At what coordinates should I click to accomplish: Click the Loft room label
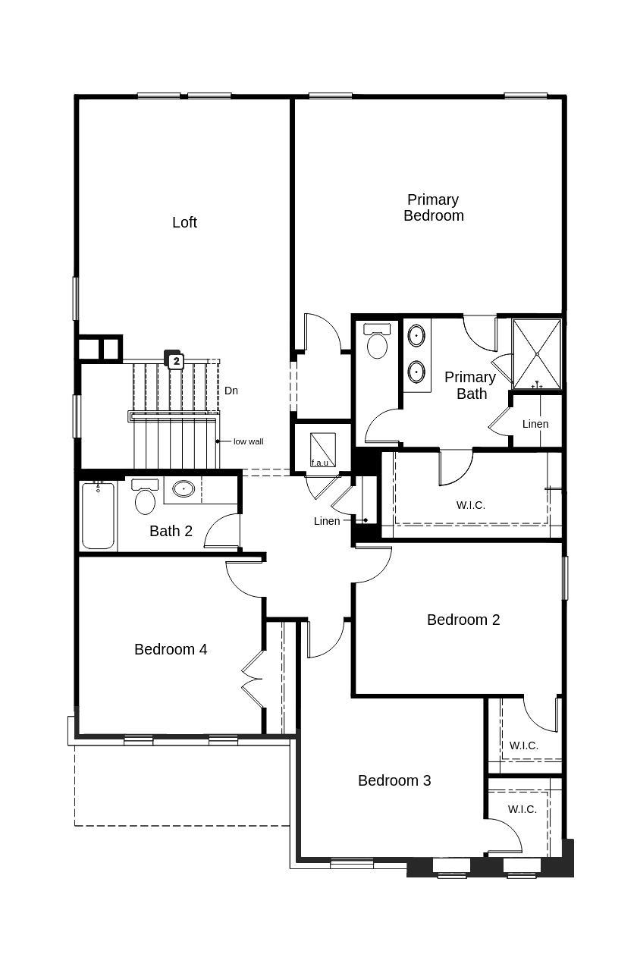184,222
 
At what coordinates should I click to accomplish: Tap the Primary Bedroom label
433,207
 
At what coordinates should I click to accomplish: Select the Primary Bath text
470,385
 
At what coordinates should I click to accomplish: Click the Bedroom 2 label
463,620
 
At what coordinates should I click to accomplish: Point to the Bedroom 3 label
394,780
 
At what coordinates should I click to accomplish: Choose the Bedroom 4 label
171,649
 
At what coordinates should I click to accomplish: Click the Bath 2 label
171,531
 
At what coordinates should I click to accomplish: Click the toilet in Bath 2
145,497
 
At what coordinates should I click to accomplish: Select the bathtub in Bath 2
99,515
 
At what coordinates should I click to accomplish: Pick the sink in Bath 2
184,489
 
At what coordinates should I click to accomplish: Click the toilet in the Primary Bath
377,342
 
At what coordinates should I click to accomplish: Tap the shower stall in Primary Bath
537,353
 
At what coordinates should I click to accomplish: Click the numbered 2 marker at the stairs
176,361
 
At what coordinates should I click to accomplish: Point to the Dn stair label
231,391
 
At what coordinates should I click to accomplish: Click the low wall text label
248,441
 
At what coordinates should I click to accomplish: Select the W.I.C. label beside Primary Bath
470,504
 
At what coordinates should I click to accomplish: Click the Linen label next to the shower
535,424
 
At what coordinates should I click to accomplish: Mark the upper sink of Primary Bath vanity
416,334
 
